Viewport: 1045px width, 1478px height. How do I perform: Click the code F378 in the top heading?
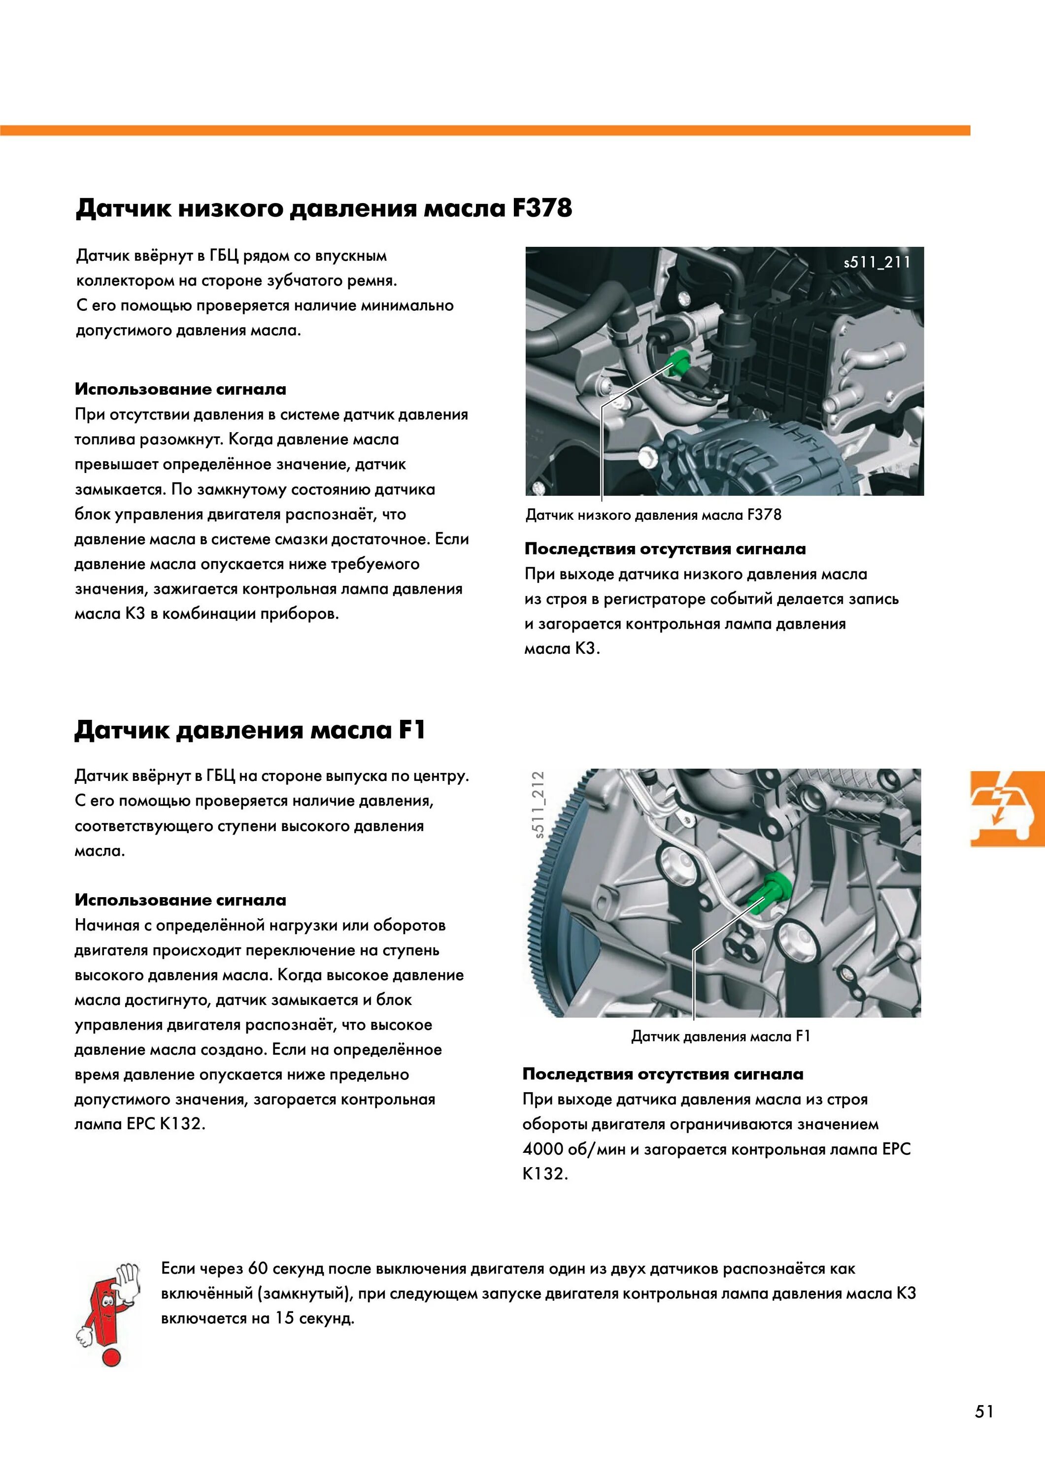(x=541, y=208)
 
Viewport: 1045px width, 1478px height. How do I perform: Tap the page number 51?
(x=984, y=1411)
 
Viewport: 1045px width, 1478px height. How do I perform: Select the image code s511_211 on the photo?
(x=877, y=262)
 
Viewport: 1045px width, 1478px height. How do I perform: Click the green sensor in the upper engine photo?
(x=678, y=364)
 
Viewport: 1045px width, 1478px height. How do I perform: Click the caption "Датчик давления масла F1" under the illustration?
(x=720, y=1036)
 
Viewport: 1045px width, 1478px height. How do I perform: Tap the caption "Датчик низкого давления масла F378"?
(x=653, y=515)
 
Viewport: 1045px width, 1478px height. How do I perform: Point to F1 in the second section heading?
(x=411, y=730)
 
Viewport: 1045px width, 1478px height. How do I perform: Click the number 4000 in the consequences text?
(x=543, y=1149)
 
